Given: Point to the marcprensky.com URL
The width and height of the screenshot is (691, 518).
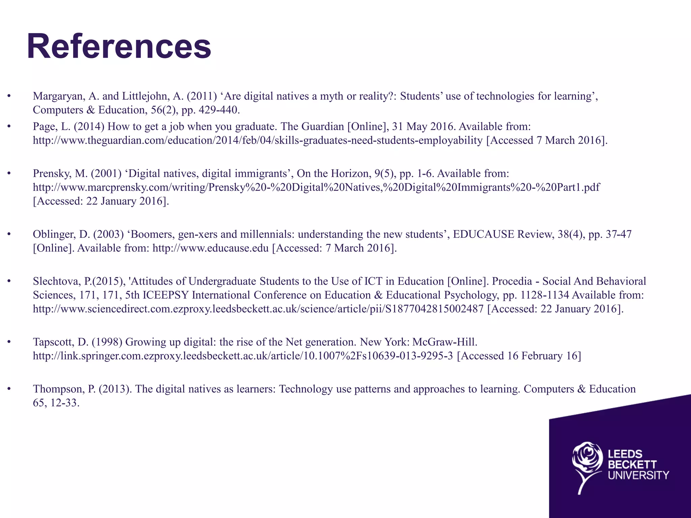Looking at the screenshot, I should tap(316, 187).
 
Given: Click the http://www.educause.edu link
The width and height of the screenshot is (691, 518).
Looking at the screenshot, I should tap(211, 248).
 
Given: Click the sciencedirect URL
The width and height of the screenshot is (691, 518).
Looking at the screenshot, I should tap(258, 309).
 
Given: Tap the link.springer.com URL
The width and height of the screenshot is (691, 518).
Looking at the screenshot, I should tap(243, 356).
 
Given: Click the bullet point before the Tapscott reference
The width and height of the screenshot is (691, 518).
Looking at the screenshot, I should tap(9, 342).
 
